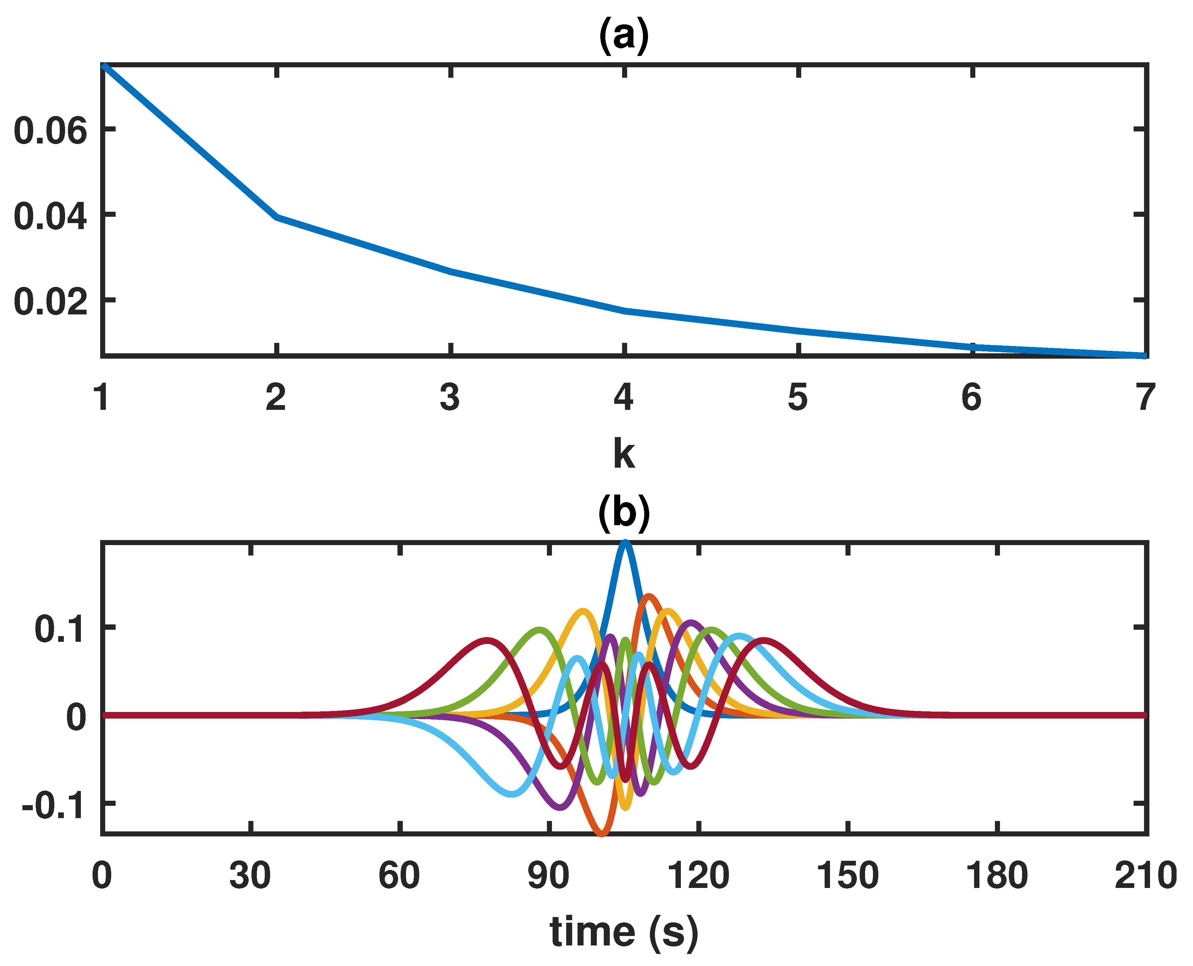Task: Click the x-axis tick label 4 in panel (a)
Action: (624, 397)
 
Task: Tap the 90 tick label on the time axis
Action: (549, 875)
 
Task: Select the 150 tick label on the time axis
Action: (847, 875)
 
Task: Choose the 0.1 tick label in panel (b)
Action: (59, 629)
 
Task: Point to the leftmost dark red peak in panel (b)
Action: (487, 640)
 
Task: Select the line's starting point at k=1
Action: (104, 66)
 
